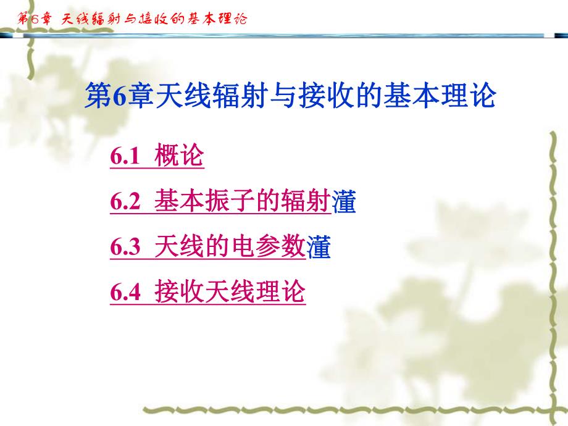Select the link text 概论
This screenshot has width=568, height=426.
point(179,156)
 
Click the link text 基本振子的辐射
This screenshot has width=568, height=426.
point(242,202)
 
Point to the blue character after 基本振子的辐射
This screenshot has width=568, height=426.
point(344,203)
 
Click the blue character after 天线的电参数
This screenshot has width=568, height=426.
point(319,248)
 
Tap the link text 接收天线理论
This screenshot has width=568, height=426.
point(230,292)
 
